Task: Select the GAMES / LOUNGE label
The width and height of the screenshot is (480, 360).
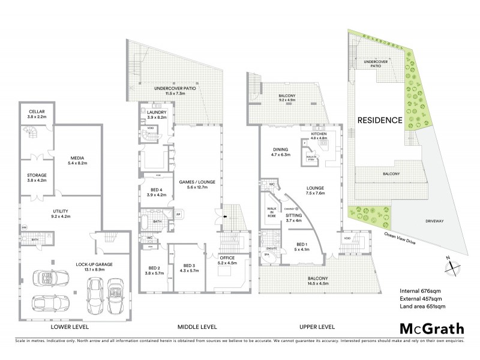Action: coord(191,184)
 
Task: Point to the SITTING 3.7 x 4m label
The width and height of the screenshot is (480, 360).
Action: coord(294,217)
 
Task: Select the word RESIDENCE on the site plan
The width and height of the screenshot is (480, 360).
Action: coord(379,120)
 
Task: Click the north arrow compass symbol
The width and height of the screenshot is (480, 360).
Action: coord(451,264)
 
